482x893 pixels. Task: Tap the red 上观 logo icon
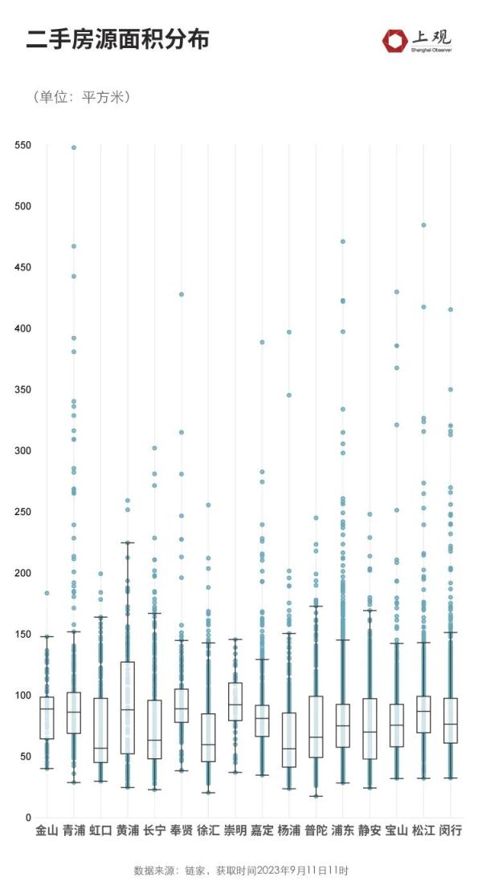(395, 41)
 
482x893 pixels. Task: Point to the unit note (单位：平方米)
(82, 97)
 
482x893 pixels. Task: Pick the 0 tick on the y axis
(27, 818)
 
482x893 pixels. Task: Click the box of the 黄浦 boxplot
(127, 708)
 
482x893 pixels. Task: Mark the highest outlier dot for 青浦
(74, 148)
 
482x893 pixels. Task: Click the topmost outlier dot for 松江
(423, 225)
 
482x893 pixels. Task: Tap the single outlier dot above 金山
(47, 593)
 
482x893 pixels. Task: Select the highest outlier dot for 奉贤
(182, 294)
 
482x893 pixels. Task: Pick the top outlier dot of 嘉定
(262, 343)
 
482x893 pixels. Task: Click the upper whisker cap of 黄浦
(127, 543)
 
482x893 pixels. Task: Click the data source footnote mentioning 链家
(241, 871)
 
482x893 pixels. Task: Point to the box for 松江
(423, 714)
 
